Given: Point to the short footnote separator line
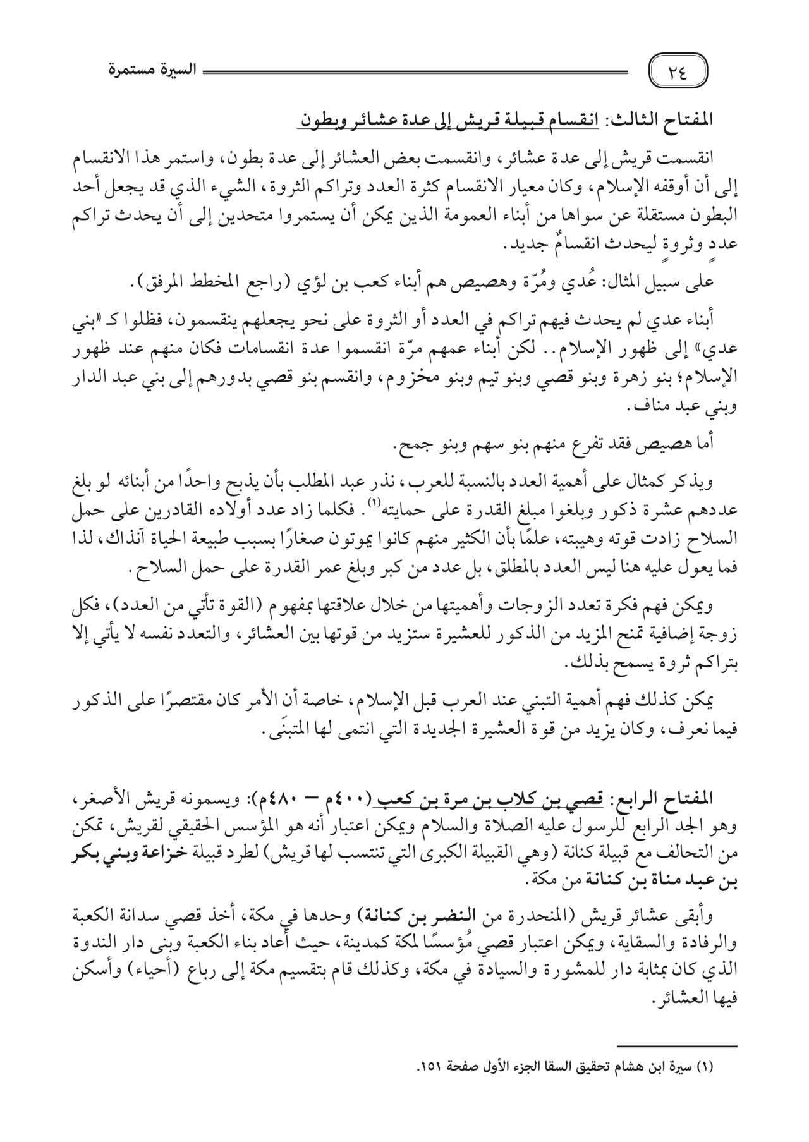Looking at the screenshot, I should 678,1047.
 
